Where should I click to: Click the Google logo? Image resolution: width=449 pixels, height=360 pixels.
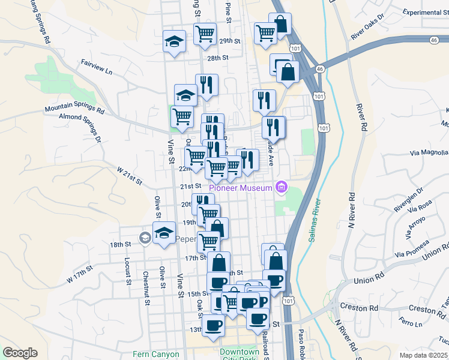pos(20,353)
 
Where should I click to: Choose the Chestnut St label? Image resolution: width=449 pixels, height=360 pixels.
pos(146,287)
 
